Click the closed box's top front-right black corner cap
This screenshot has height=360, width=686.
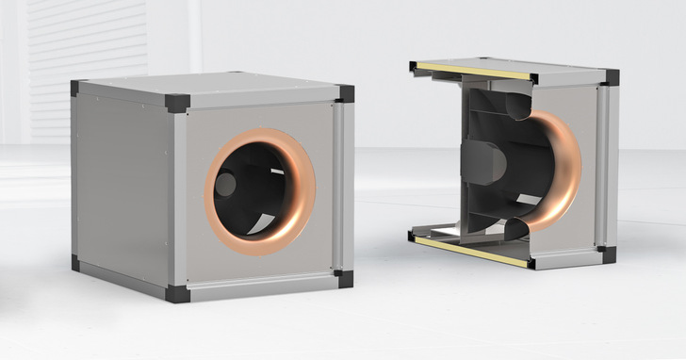[x=345, y=93]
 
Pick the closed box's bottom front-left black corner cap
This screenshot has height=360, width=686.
[x=176, y=293]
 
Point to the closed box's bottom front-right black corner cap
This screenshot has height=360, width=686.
[x=345, y=278]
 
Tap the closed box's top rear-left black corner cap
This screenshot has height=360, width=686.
[x=77, y=88]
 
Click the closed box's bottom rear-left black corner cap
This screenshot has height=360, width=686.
[x=75, y=263]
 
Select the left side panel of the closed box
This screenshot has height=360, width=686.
[x=122, y=188]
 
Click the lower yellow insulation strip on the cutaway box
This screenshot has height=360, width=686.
[x=471, y=251]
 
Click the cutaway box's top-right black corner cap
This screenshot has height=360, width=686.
[x=611, y=77]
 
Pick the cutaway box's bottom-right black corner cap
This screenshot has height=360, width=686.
[x=607, y=254]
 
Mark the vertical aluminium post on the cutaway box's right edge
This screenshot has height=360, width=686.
[x=607, y=165]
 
